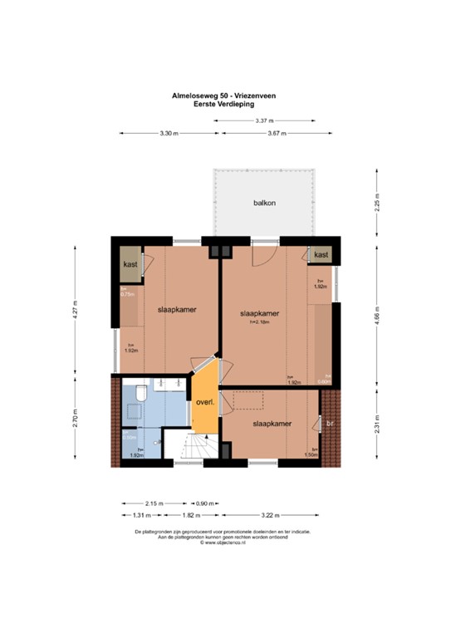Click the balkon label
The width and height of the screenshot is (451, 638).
click(265, 203)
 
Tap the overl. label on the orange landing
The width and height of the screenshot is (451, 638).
click(205, 403)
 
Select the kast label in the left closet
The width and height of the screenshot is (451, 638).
click(130, 264)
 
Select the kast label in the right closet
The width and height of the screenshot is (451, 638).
click(321, 255)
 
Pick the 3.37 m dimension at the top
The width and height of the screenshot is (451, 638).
click(266, 122)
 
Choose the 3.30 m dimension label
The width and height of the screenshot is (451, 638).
click(169, 134)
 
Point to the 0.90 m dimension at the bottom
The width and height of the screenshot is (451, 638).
click(204, 503)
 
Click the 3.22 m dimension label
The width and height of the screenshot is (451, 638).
click(267, 515)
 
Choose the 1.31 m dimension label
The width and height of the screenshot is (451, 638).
click(132, 515)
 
